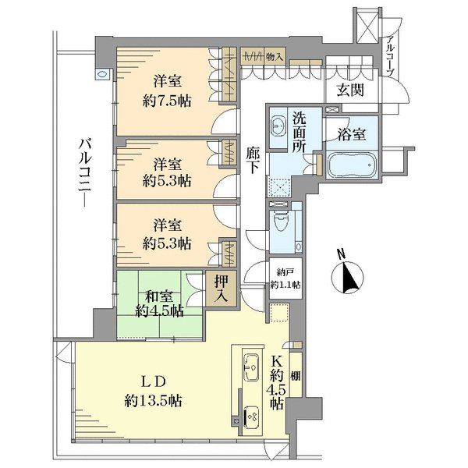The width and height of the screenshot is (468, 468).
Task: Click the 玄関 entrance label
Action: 350,90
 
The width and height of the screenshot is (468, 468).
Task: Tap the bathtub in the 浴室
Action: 352,165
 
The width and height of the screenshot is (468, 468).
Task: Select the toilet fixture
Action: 280,222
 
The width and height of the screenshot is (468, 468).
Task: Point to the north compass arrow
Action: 349,277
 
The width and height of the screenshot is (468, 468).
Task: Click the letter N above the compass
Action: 341,254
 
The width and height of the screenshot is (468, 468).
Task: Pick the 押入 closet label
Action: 222,288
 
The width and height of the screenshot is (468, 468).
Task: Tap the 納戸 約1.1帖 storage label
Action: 285,278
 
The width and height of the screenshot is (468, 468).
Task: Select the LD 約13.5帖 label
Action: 153,391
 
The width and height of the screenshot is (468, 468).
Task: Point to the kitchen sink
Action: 251,367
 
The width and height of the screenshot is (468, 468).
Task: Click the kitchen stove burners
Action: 251,416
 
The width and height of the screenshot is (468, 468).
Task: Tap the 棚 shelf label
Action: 296,376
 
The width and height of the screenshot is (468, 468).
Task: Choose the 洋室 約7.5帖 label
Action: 167,91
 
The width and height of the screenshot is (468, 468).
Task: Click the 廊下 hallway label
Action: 253,160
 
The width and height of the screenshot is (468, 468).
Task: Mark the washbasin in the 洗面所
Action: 278,126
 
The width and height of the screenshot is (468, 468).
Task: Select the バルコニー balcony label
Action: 85,172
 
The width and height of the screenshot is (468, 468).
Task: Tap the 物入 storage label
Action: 274,56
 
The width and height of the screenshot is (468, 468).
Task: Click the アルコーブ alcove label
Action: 391,55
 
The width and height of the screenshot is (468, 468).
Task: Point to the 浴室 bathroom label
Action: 352,135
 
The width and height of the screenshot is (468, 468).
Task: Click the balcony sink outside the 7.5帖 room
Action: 101,74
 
